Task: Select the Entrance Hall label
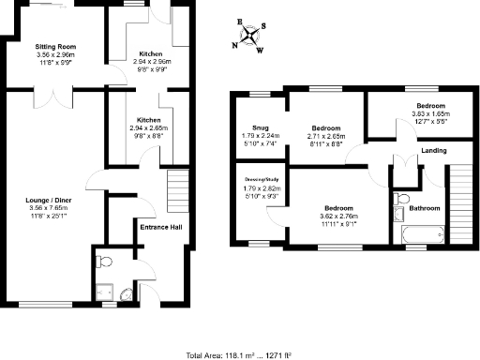click(160, 227)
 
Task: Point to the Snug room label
click(260, 127)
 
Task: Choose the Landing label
click(433, 150)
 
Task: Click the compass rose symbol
click(250, 35)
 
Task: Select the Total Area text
click(240, 354)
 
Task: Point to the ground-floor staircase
click(177, 192)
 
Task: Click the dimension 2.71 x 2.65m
click(326, 135)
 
